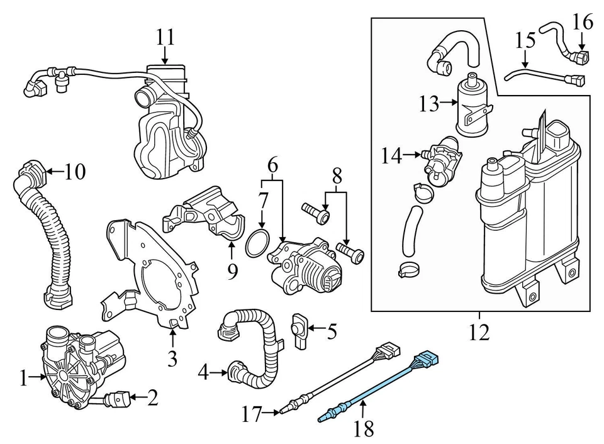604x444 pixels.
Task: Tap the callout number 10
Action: tap(74, 171)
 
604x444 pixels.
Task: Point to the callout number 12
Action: tap(479, 331)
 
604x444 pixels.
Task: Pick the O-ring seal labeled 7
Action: tap(259, 244)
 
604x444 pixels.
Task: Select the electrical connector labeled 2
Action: tap(120, 399)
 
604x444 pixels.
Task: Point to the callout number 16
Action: tap(583, 23)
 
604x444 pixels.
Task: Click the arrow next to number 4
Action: tap(220, 373)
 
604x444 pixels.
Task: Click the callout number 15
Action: tap(525, 41)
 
